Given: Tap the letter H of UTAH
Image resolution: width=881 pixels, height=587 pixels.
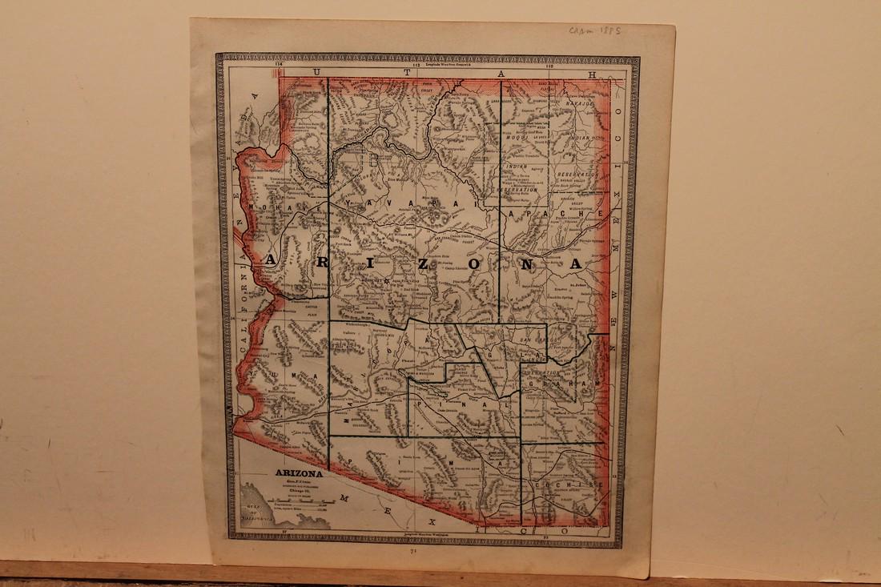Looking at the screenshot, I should click(x=593, y=74).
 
